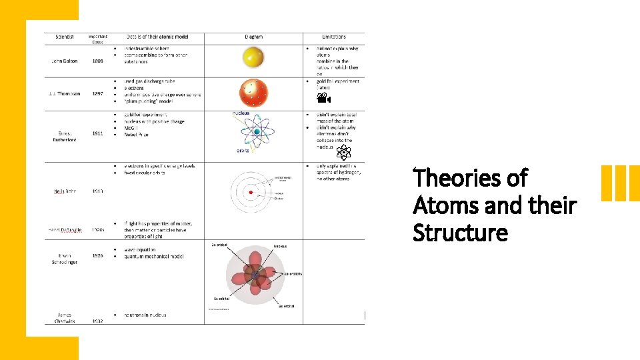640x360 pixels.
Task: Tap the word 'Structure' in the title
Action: (460, 233)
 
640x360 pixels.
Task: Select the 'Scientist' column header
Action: (64, 37)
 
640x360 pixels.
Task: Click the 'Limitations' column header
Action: (333, 37)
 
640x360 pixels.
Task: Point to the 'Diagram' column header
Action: (253, 37)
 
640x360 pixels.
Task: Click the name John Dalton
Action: (65, 61)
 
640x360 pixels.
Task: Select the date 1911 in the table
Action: (98, 134)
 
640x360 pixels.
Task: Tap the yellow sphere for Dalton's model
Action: (253, 57)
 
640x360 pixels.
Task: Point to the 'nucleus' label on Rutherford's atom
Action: (241, 113)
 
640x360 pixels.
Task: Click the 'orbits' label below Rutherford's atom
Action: (243, 151)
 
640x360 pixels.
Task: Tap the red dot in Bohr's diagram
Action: (251, 192)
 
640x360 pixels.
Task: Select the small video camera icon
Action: (323, 99)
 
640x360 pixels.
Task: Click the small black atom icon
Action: (343, 153)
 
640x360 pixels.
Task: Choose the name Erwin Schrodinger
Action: (65, 259)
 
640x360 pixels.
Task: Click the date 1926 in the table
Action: (98, 256)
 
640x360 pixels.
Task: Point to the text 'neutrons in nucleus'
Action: (145, 315)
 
